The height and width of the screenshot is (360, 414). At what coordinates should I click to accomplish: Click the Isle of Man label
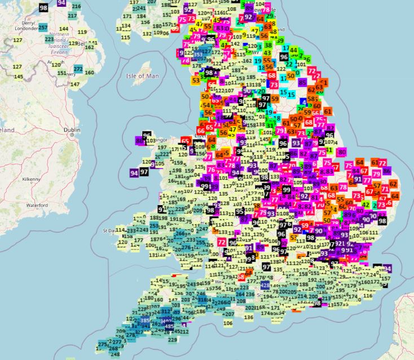pyautogui.click(x=142, y=75)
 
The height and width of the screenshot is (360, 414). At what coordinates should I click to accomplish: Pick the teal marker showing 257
pyautogui.click(x=43, y=28)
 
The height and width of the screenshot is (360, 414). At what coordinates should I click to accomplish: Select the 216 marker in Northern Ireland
pyautogui.click(x=77, y=7)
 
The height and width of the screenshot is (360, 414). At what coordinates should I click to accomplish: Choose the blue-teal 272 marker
pyautogui.click(x=78, y=69)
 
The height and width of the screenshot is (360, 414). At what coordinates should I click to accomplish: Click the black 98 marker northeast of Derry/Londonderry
pyautogui.click(x=43, y=7)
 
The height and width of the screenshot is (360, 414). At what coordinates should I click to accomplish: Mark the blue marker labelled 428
pyautogui.click(x=265, y=286)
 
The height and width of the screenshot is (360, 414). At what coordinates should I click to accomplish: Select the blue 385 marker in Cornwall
pyautogui.click(x=145, y=321)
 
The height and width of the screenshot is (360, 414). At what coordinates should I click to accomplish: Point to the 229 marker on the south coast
pyautogui.click(x=173, y=339)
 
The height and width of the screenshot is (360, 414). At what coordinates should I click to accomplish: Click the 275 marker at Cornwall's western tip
pyautogui.click(x=102, y=344)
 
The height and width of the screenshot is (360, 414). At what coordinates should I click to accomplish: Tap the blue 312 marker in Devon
pyautogui.click(x=166, y=311)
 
